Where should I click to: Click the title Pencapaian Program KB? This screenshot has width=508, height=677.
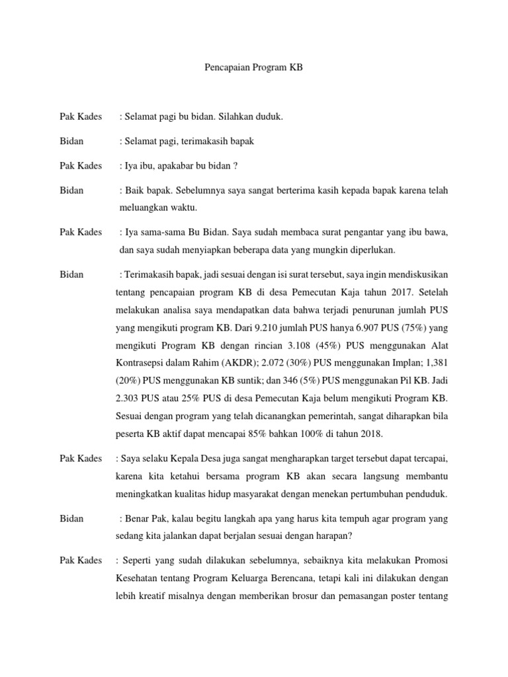pyautogui.click(x=253, y=68)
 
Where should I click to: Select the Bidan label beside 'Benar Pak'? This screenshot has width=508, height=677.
pyautogui.click(x=71, y=518)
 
